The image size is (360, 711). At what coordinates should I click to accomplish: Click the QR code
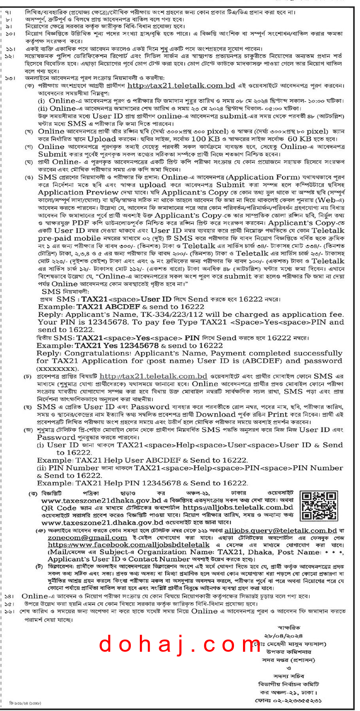pos(319,506)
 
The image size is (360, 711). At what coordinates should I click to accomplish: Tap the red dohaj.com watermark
pos(180,644)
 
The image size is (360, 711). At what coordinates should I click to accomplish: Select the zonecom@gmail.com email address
pos(87,538)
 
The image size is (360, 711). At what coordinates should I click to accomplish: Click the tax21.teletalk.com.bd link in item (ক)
pos(181,86)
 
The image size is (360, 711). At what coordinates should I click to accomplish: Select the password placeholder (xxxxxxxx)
pos(57,369)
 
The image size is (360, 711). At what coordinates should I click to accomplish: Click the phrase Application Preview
pos(78,192)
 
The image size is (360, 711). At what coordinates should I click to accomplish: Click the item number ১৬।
pos(9,611)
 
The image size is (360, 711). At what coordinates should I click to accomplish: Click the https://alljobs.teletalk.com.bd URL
pos(238,507)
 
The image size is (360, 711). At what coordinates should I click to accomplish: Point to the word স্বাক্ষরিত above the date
pos(289,627)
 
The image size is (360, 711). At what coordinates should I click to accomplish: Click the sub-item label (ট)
pos(40,566)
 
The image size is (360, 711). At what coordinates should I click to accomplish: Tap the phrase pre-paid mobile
pos(69,238)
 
